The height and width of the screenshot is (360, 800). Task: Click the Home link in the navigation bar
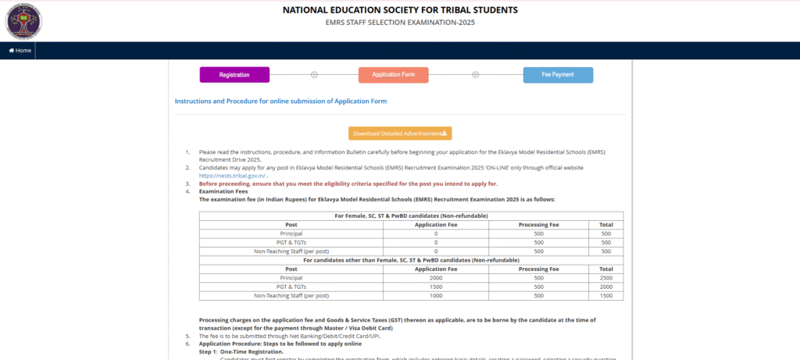pyautogui.click(x=20, y=50)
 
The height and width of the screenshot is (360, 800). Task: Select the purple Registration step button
pyautogui.click(x=234, y=75)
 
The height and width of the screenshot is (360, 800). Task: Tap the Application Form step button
pyautogui.click(x=393, y=75)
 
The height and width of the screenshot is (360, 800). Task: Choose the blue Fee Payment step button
pyautogui.click(x=558, y=75)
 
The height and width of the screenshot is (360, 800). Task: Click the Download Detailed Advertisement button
pyautogui.click(x=400, y=134)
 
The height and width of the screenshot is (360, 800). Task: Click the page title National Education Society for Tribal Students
pyautogui.click(x=399, y=10)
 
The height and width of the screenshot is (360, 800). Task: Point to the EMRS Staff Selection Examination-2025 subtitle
pyautogui.click(x=400, y=23)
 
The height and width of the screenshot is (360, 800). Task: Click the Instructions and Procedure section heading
pyautogui.click(x=280, y=102)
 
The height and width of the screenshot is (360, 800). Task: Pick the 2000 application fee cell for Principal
pyautogui.click(x=435, y=277)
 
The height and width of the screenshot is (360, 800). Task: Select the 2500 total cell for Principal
pyautogui.click(x=605, y=277)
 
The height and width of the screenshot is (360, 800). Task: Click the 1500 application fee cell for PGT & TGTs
pyautogui.click(x=435, y=287)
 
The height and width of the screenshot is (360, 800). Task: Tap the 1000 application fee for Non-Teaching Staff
pyautogui.click(x=435, y=295)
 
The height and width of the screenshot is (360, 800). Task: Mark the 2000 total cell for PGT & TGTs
pyautogui.click(x=605, y=287)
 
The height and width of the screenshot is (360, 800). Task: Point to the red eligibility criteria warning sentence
pyautogui.click(x=348, y=184)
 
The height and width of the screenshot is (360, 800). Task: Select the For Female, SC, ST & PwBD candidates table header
pyautogui.click(x=411, y=216)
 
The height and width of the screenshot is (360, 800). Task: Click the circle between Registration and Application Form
pyautogui.click(x=314, y=75)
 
